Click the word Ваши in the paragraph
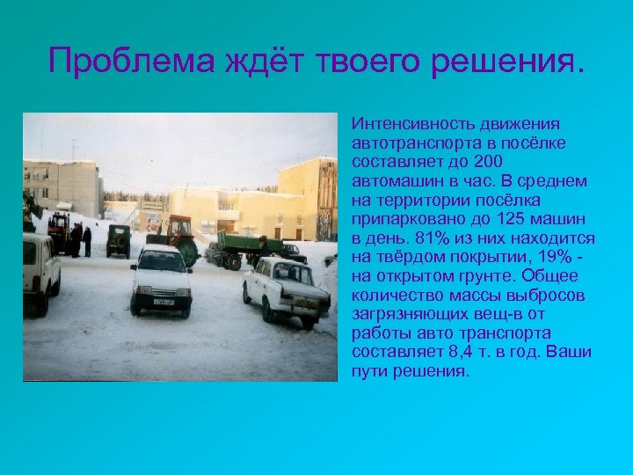pos(570,352)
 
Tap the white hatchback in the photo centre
pos(161,279)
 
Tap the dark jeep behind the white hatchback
pos(118,239)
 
